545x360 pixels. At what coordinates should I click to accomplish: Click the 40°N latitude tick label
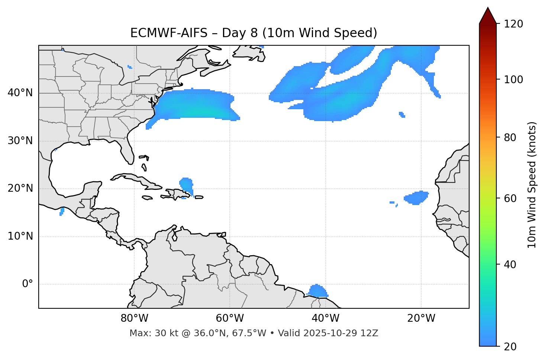(20, 93)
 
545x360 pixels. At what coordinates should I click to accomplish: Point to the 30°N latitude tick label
(20, 141)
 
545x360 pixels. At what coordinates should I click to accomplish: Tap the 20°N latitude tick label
(20, 188)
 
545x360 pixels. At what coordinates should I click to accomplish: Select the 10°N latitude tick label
(20, 236)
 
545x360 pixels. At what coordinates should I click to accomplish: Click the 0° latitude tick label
(27, 284)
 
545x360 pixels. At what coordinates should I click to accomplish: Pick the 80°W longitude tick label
(134, 318)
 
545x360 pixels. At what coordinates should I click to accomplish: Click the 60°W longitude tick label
(230, 318)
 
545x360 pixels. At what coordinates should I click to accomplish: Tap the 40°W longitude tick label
(325, 318)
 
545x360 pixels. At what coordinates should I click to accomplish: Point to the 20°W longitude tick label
(421, 318)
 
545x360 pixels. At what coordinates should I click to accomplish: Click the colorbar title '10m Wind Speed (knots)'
(532, 185)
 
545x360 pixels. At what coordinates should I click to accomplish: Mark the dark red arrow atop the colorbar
(488, 16)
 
